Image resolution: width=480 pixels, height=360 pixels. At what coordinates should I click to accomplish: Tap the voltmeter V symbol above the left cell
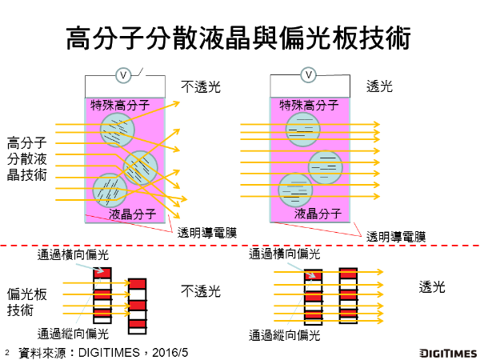(x=124, y=75)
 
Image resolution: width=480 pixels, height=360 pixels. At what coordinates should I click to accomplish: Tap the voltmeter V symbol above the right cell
(x=308, y=74)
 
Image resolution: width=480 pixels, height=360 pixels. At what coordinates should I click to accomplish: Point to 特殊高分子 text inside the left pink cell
(x=120, y=105)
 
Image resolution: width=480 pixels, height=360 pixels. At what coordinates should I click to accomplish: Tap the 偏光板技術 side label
(x=27, y=302)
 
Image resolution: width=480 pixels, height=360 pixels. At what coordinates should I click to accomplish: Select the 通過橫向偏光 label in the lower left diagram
(x=73, y=255)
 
